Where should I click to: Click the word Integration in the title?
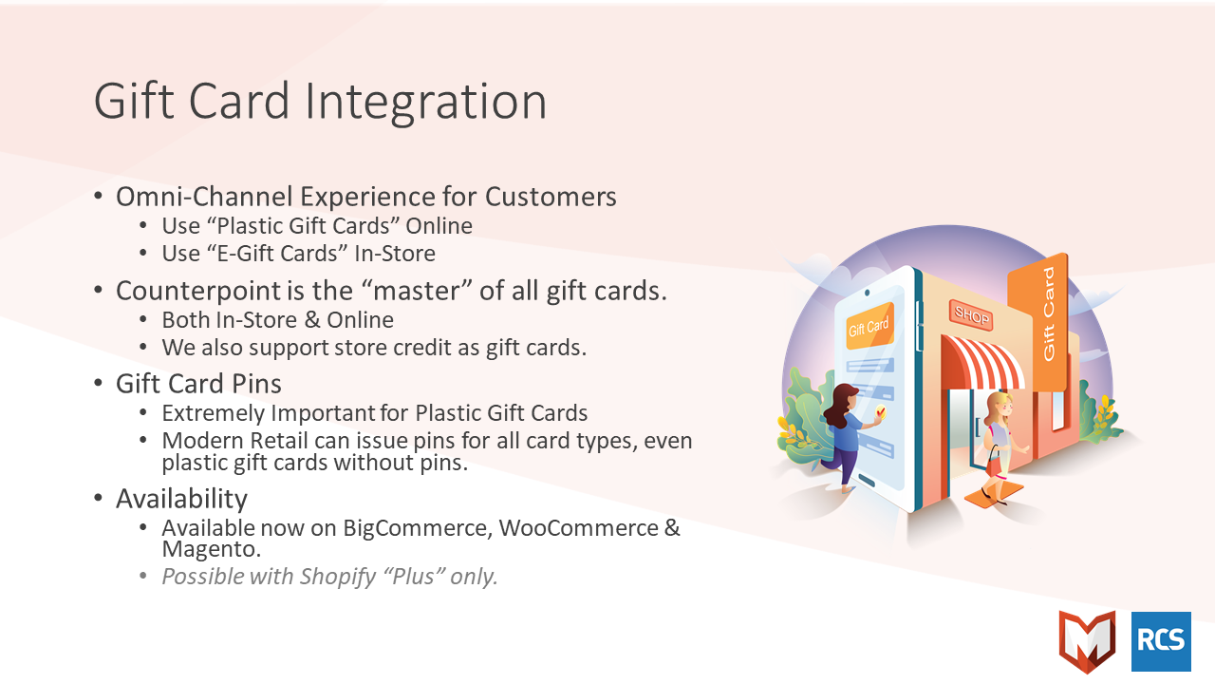point(426,102)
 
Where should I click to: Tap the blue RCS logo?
point(1161,641)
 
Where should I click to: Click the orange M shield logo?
point(1088,641)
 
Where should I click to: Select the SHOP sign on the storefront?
point(971,314)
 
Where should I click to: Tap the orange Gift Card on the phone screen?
point(869,326)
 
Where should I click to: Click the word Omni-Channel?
point(204,197)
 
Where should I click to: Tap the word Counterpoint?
point(197,291)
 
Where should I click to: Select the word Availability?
point(181,499)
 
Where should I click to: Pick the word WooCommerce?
point(579,528)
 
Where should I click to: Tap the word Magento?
point(212,549)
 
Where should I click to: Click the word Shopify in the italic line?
point(338,577)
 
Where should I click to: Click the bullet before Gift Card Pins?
point(98,383)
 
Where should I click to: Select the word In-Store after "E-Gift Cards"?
point(395,254)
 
